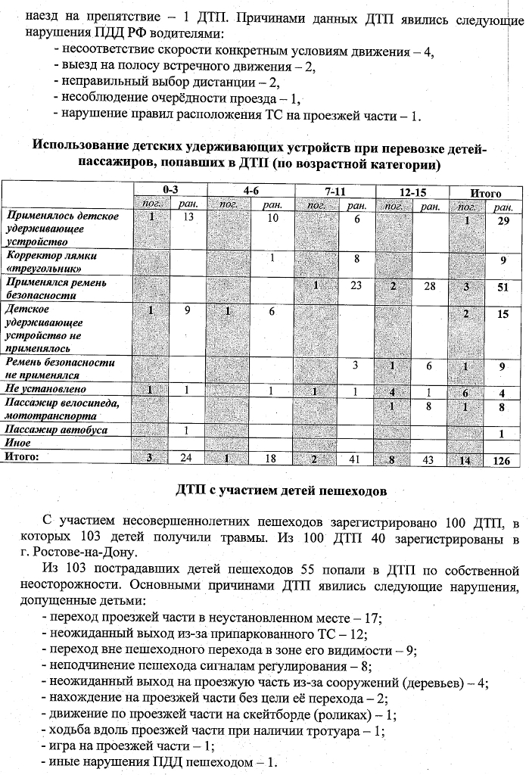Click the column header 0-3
170,191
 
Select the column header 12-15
412,191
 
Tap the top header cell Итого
485,193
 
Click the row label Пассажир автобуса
57,430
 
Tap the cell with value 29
502,219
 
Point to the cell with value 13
187,217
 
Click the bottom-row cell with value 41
354,459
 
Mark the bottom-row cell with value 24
186,457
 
